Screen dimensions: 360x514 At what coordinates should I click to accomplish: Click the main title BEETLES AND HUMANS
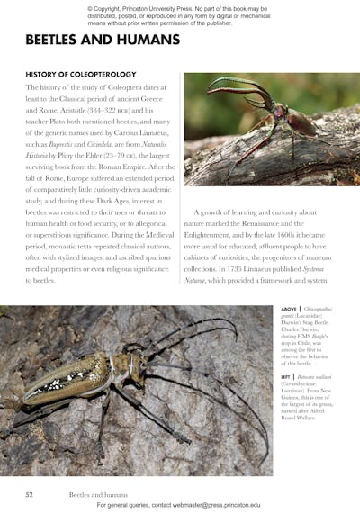point(103,40)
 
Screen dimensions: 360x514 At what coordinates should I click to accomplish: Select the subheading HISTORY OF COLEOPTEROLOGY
point(81,74)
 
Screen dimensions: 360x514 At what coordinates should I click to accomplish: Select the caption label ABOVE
point(290,309)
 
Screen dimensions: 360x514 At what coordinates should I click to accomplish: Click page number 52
point(30,494)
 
